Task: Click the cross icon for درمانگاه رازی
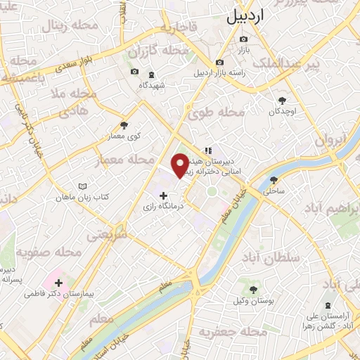pyautogui.click(x=164, y=195)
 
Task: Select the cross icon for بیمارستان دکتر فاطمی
pyautogui.click(x=58, y=283)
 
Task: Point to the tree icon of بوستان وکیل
pyautogui.click(x=252, y=290)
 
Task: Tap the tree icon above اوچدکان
pyautogui.click(x=283, y=101)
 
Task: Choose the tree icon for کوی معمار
pyautogui.click(x=124, y=124)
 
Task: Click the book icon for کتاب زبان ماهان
pyautogui.click(x=83, y=186)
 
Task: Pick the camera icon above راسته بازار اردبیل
pyautogui.click(x=219, y=62)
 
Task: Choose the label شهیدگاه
pyautogui.click(x=151, y=85)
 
